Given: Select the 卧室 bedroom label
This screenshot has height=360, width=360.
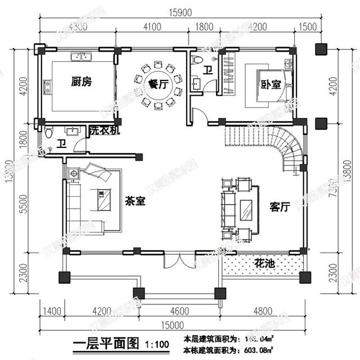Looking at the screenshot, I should coord(271,84).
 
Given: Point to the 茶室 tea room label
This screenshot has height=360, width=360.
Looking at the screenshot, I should coord(136,201).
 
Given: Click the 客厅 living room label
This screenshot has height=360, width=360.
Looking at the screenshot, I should coord(279,207).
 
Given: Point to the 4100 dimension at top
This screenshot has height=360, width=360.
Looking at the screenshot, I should coord(152,26).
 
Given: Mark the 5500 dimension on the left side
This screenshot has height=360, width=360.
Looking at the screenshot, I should coord(23,207).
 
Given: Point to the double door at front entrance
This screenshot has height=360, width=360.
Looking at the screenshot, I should coord(179,261).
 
